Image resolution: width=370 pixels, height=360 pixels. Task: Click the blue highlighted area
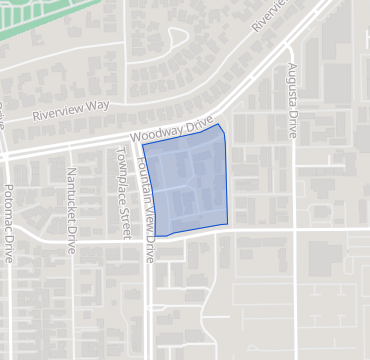click(x=190, y=185)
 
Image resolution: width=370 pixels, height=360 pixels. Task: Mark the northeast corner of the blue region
click(x=220, y=127)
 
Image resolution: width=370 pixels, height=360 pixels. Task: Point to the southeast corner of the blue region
click(x=229, y=224)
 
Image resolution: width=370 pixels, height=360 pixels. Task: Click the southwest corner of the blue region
click(x=156, y=236)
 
